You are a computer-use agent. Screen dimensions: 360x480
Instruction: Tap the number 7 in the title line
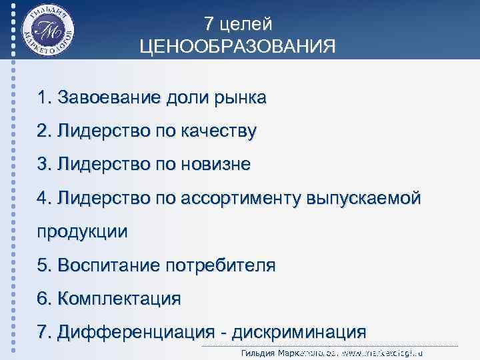[209, 24]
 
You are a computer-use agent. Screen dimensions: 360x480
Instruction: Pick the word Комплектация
[119, 298]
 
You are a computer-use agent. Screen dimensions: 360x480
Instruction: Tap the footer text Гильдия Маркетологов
[287, 353]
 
